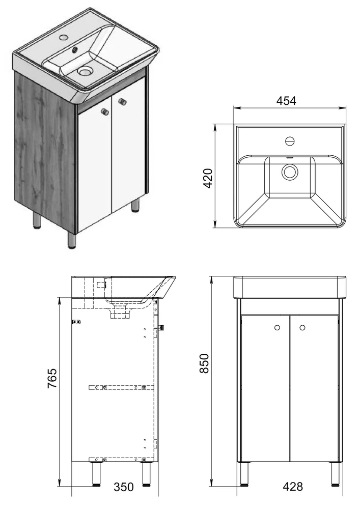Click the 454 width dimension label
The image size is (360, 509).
point(286,101)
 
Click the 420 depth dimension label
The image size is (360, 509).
point(207,178)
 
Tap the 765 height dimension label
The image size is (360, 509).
point(52,378)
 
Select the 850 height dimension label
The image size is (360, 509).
point(204,363)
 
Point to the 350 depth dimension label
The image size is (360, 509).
point(124,487)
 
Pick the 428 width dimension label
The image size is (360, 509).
point(293,487)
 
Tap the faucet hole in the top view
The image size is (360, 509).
point(290,141)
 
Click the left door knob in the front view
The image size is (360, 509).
point(277,328)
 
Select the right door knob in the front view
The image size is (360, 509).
point(302,328)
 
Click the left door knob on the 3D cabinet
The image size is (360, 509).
point(104,111)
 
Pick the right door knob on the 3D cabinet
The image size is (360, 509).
point(123,102)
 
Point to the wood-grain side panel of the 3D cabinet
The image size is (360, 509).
point(45,149)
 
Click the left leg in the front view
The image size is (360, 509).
point(243,473)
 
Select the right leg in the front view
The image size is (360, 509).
point(335,473)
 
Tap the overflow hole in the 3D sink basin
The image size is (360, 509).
point(75,50)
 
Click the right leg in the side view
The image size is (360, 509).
point(147,473)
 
